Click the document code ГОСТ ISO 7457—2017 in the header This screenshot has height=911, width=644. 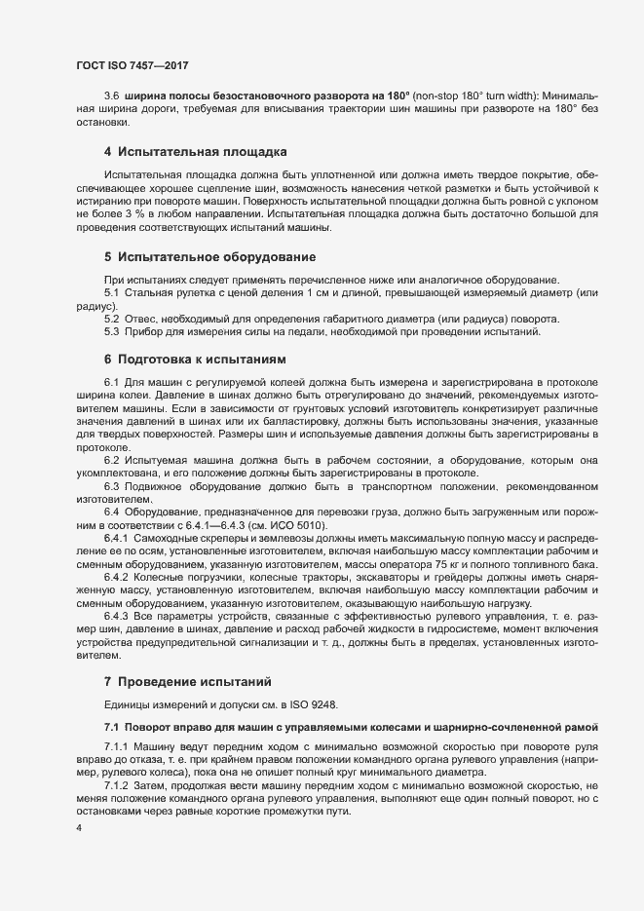coord(132,65)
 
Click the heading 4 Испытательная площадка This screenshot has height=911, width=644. coord(195,153)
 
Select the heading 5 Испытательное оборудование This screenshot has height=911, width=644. coord(209,257)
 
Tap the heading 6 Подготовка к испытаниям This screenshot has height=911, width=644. coord(196,360)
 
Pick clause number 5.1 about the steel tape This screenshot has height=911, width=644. coord(111,293)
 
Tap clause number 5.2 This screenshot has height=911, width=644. coord(111,319)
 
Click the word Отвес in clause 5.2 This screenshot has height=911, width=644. coord(142,319)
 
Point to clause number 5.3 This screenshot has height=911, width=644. coord(111,332)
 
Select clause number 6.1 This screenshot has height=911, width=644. coord(111,381)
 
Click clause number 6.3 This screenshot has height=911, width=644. coord(111,485)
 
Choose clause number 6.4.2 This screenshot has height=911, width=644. coord(116,577)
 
